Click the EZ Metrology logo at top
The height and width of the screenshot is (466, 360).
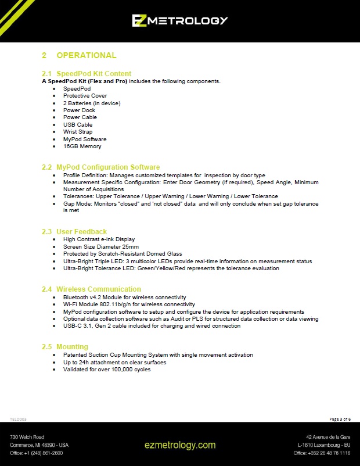point(179,20)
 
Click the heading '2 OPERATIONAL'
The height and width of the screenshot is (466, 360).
point(79,55)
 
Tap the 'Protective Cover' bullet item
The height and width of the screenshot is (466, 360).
point(85,96)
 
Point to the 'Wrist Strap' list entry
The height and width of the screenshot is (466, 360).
point(78,132)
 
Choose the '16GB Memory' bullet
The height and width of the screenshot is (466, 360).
point(82,146)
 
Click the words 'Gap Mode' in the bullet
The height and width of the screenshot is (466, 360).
point(77,204)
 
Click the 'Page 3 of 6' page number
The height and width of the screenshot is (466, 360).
point(340,419)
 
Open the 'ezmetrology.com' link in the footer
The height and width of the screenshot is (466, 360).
point(180,445)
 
